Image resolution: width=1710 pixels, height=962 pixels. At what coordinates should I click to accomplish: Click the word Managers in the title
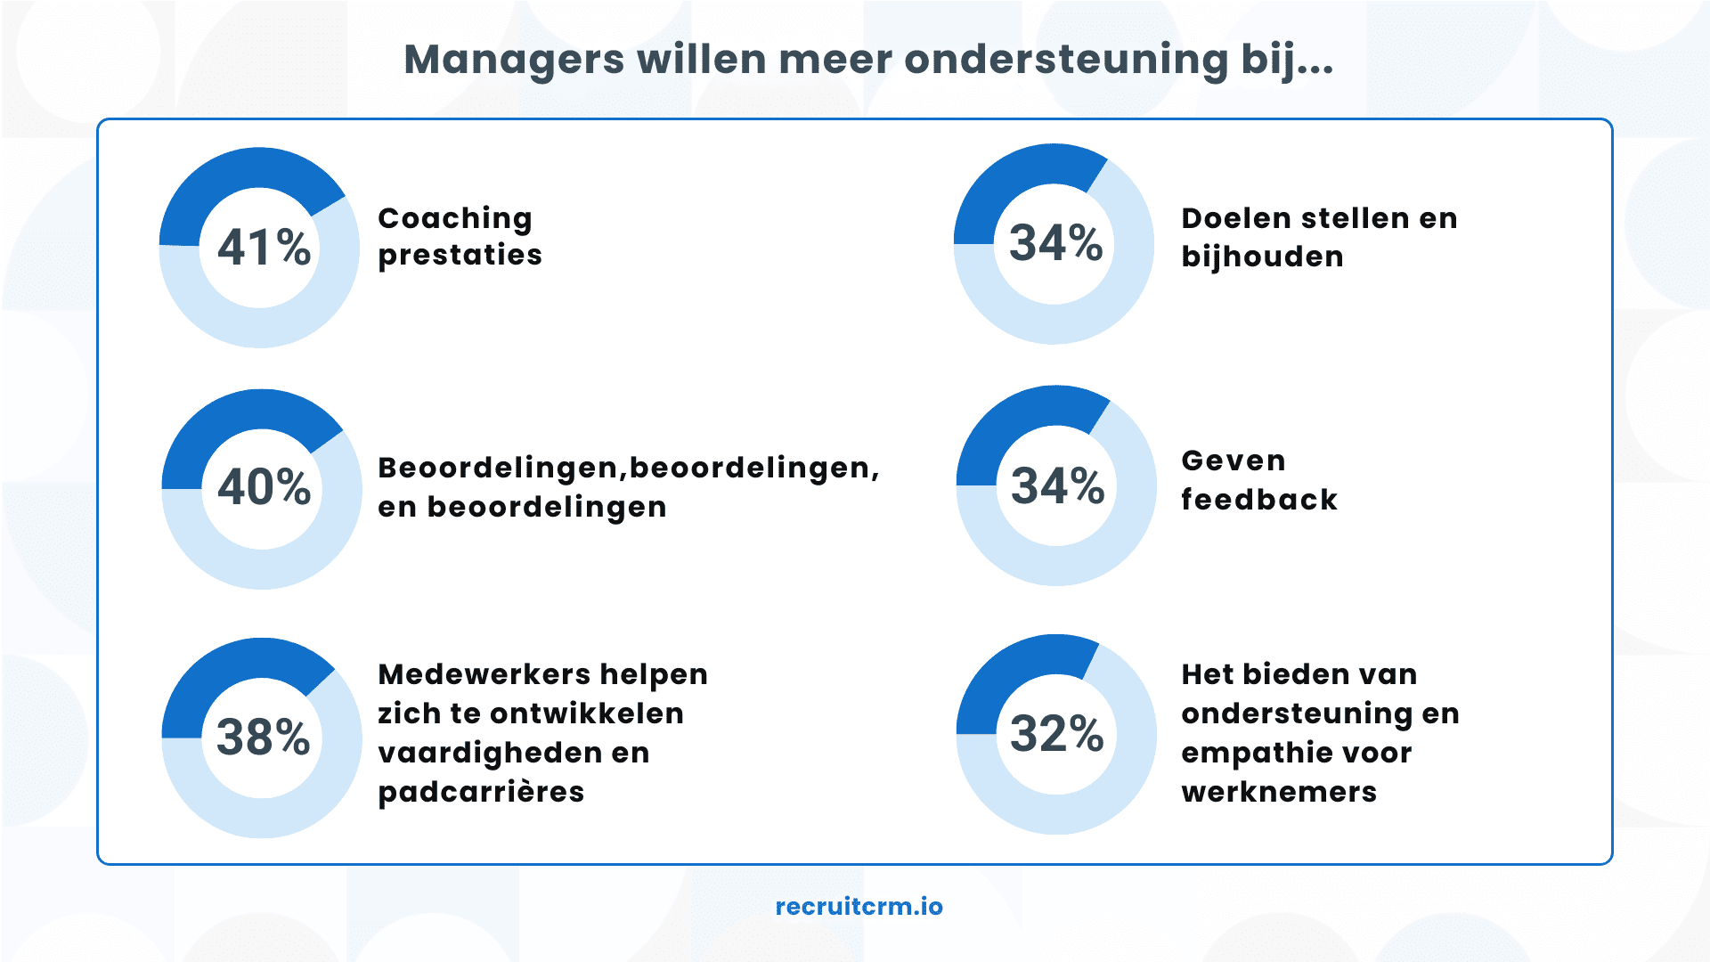point(514,61)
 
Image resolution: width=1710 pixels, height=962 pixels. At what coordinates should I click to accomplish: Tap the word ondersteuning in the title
point(1065,61)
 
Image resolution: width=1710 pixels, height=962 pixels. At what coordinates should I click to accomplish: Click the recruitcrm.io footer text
point(859,907)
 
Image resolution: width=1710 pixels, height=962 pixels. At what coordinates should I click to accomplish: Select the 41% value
point(264,248)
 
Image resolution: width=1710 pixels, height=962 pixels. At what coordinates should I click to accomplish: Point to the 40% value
point(264,487)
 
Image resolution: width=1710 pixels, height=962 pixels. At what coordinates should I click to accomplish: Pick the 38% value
point(263,738)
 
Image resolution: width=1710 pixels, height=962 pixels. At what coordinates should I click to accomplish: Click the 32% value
point(1056,734)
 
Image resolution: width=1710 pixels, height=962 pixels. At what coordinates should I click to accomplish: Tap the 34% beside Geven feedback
point(1057,486)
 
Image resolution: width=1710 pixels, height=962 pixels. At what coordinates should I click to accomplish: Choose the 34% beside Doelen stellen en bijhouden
point(1055,243)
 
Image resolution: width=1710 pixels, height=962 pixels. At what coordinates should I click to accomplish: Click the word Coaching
point(455,219)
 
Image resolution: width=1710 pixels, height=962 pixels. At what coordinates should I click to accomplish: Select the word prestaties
point(460,256)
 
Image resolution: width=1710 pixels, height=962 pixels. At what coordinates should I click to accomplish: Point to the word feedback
point(1259,500)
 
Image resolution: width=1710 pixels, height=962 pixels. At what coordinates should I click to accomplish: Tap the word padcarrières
point(481,792)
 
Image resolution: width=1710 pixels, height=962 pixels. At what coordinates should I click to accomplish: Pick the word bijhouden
point(1262,257)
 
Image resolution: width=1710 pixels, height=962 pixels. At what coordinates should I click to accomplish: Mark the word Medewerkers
point(482,674)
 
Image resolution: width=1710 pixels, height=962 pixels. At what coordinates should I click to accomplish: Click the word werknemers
point(1279,792)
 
